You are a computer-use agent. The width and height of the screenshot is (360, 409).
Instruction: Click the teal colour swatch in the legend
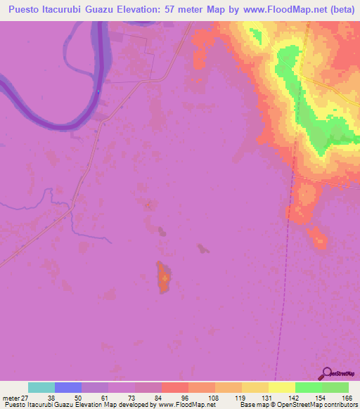[x=41, y=387]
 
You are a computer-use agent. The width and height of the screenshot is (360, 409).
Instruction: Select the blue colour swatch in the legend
[x=68, y=387]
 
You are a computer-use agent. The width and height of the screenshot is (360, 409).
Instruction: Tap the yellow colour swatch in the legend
[x=281, y=387]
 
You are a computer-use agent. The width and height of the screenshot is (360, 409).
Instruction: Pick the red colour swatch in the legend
[x=174, y=387]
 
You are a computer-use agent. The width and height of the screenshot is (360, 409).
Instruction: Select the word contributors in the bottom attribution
[x=337, y=405]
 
